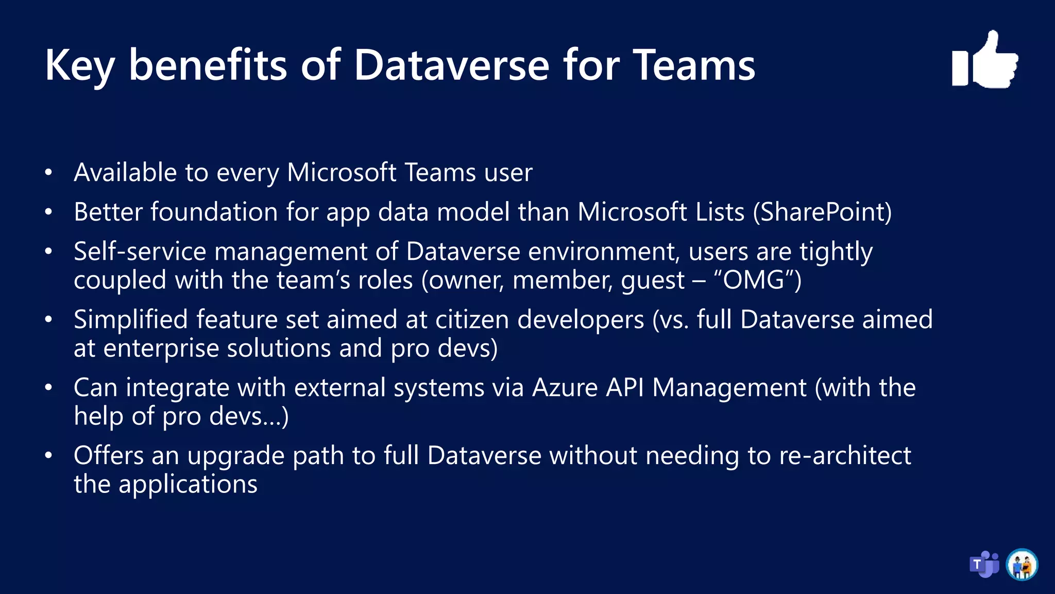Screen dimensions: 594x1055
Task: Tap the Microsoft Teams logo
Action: pyautogui.click(x=984, y=565)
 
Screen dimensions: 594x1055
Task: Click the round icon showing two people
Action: pyautogui.click(x=1022, y=565)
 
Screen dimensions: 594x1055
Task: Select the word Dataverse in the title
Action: pyautogui.click(x=452, y=66)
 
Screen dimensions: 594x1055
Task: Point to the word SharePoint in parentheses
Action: pyautogui.click(x=822, y=212)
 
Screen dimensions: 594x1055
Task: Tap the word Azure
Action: pyautogui.click(x=565, y=388)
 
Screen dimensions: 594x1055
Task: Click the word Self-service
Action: pyautogui.click(x=140, y=252)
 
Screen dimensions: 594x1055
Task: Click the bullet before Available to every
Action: pyautogui.click(x=48, y=173)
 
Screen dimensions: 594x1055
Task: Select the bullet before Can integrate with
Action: pyautogui.click(x=48, y=388)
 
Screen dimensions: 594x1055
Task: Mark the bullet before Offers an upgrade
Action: pyautogui.click(x=48, y=456)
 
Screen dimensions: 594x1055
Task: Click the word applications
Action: pyautogui.click(x=188, y=485)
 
